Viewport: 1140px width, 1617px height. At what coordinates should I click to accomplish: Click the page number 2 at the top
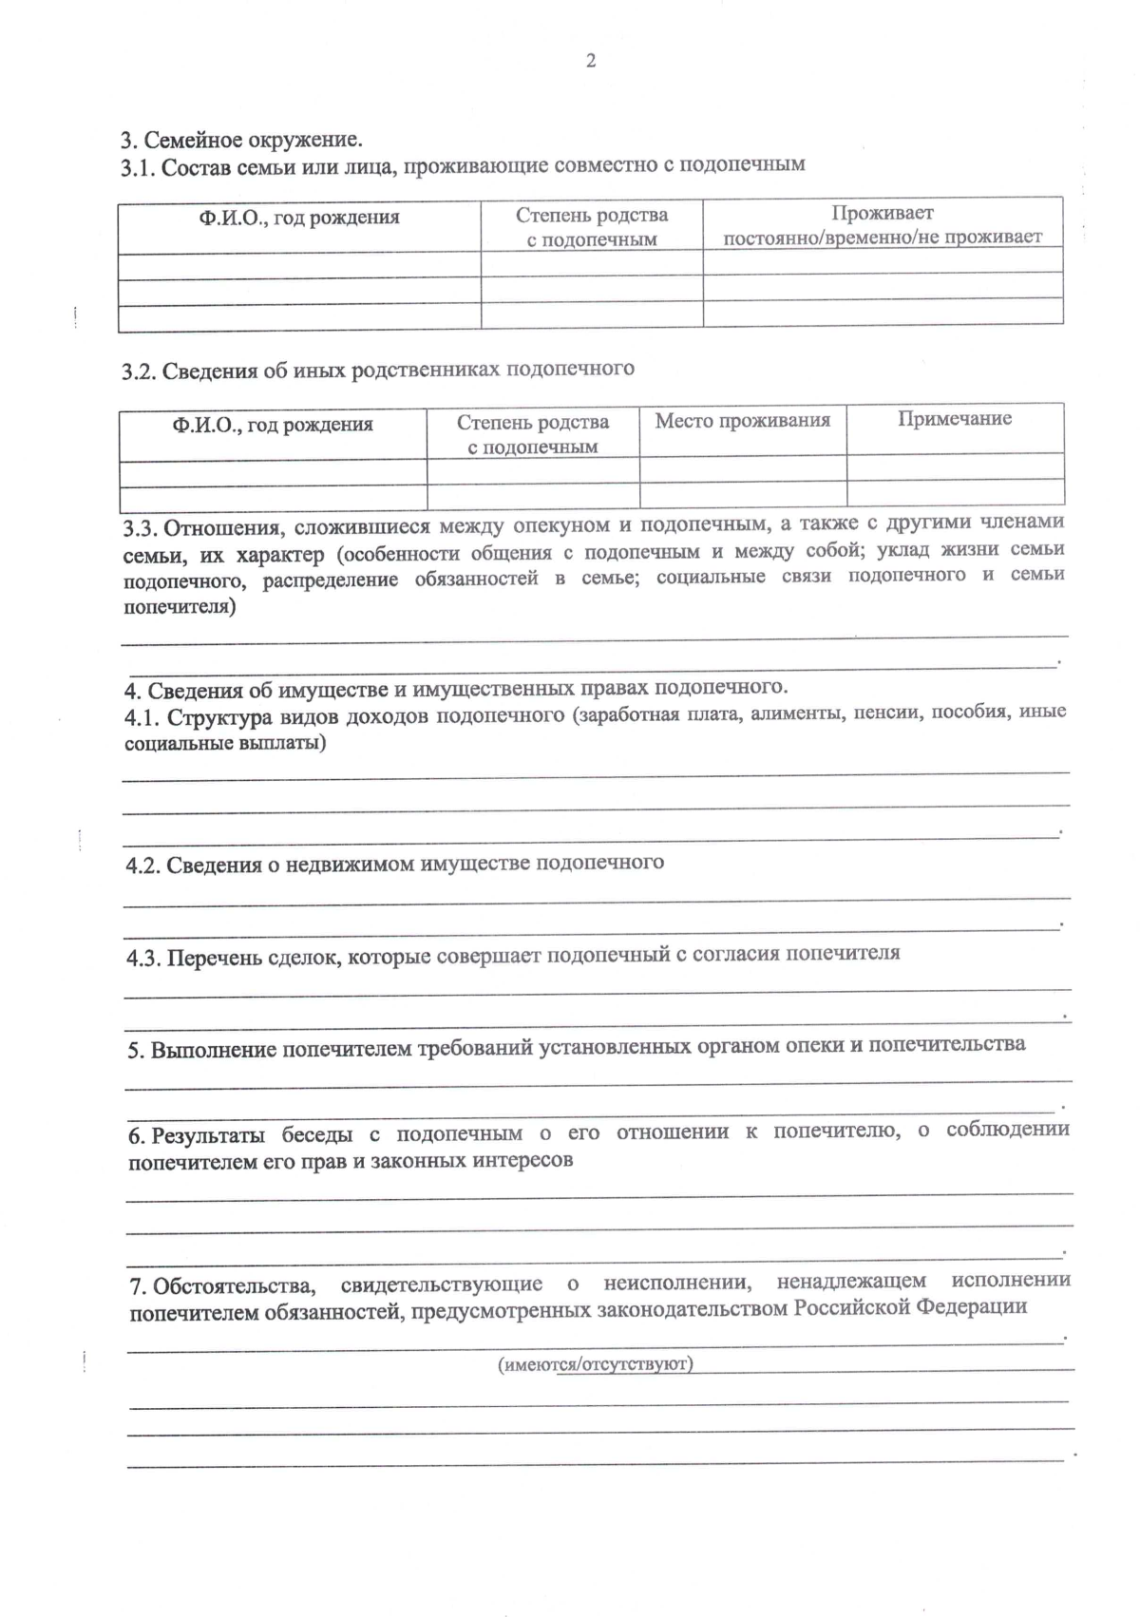point(590,62)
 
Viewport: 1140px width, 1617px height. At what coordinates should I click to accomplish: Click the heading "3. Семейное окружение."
point(241,141)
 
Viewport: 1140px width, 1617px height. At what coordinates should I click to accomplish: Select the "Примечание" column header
point(954,419)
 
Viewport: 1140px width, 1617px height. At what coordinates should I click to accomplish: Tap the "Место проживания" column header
point(742,420)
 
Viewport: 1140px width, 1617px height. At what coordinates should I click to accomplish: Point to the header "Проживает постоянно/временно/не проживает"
point(883,225)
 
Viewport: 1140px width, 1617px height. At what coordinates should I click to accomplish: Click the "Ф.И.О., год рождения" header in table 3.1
point(299,218)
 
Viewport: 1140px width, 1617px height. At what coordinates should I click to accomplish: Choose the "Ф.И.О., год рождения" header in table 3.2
point(273,425)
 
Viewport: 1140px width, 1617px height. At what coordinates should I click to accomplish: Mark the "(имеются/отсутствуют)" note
point(596,1364)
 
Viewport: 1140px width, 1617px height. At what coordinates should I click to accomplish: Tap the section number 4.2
point(143,866)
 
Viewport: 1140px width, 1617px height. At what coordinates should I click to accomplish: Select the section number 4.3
point(144,958)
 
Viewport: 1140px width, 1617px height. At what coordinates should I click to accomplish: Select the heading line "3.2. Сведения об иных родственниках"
point(377,370)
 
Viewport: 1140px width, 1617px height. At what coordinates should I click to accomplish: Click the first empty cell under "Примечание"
point(954,466)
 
